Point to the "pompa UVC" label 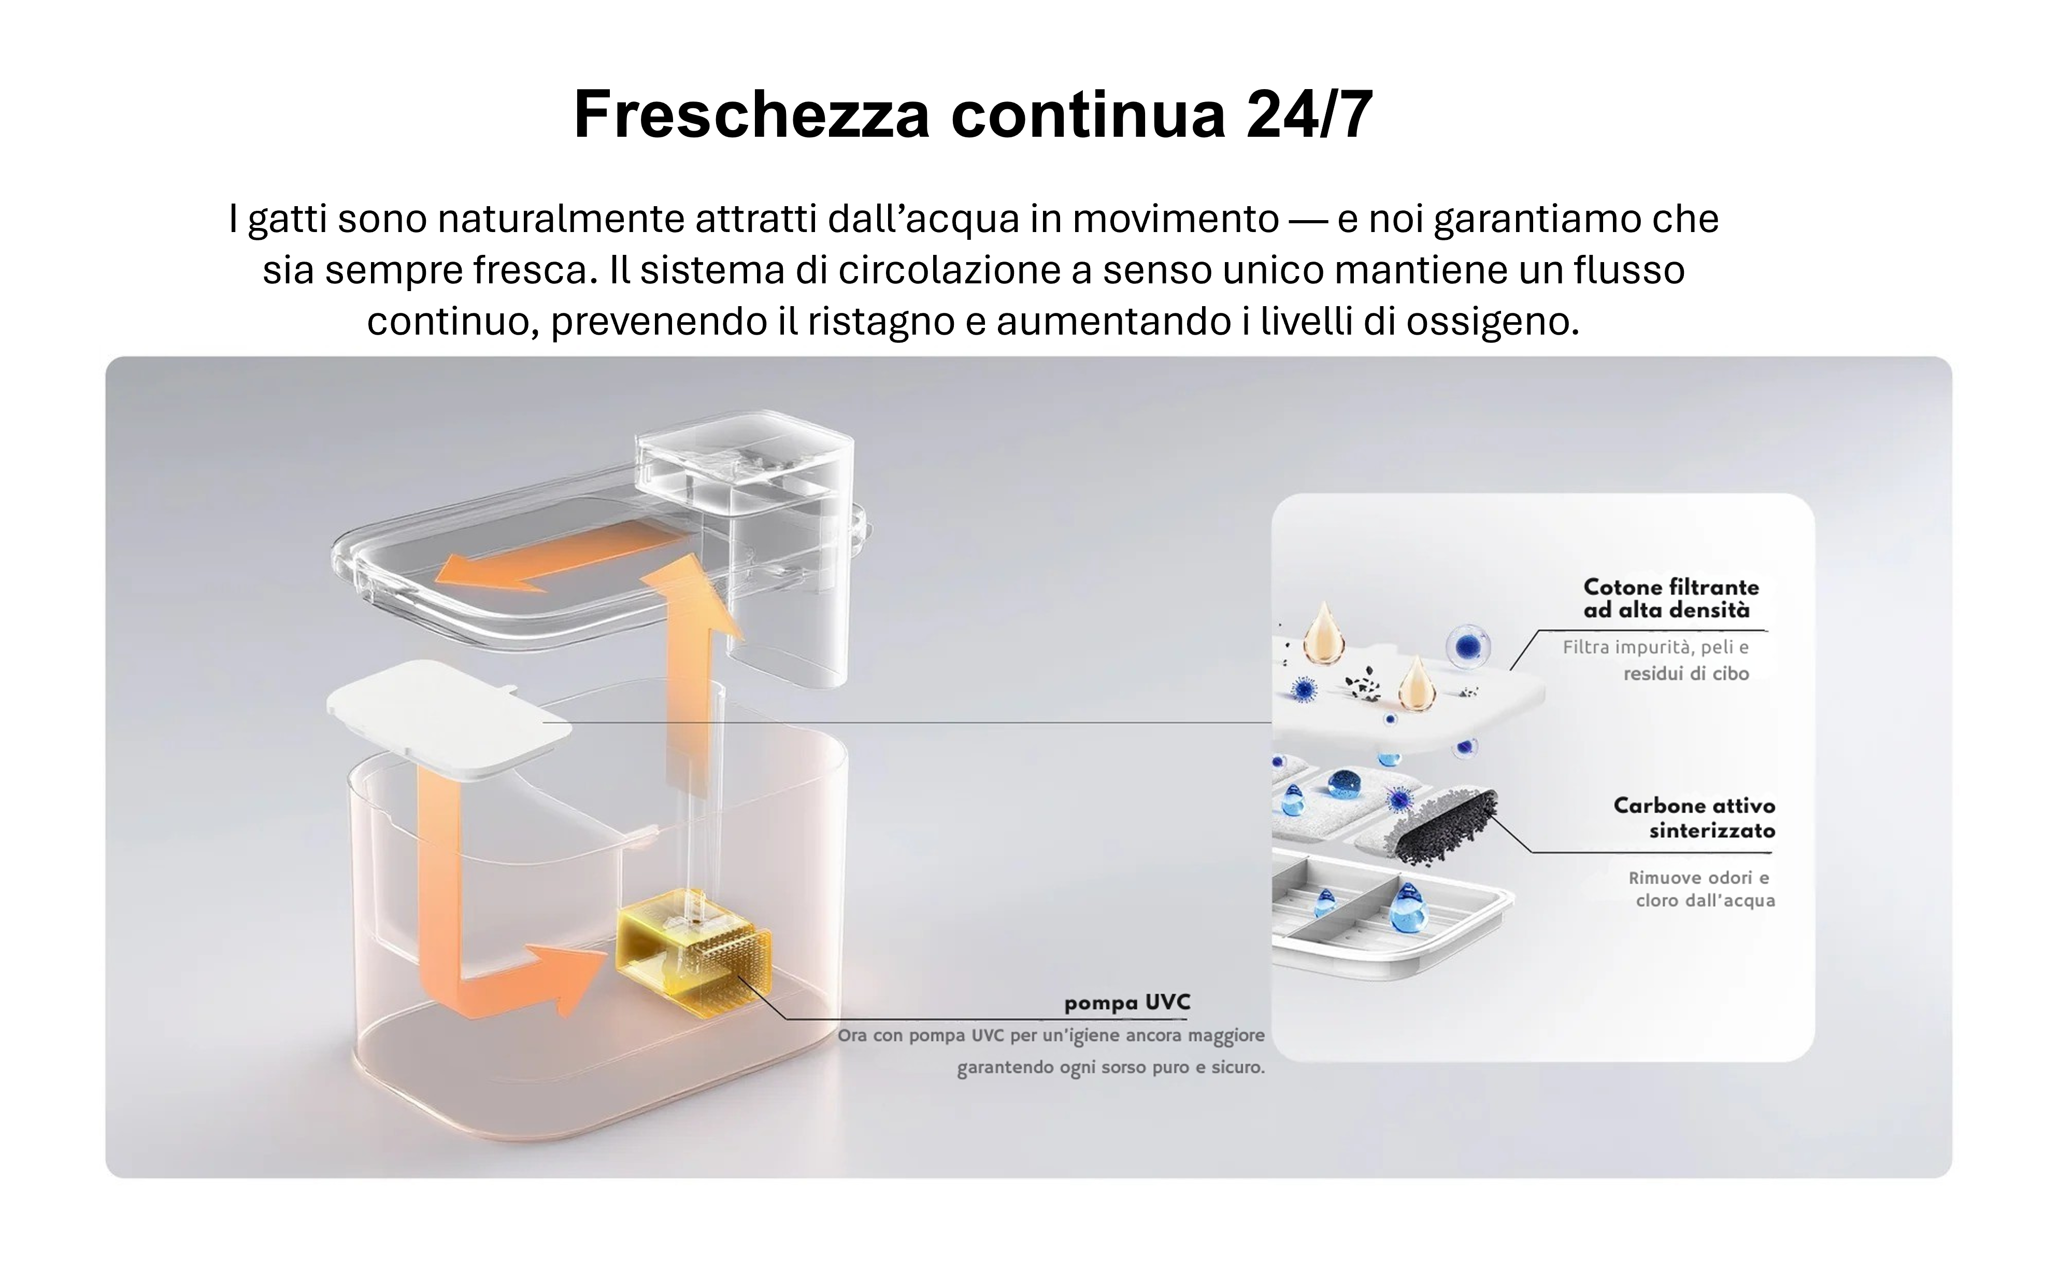(1127, 1003)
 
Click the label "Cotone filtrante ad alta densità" (1670, 599)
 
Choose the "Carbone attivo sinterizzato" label (1693, 817)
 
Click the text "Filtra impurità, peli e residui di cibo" (1655, 660)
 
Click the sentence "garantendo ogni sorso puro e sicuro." (1111, 1068)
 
